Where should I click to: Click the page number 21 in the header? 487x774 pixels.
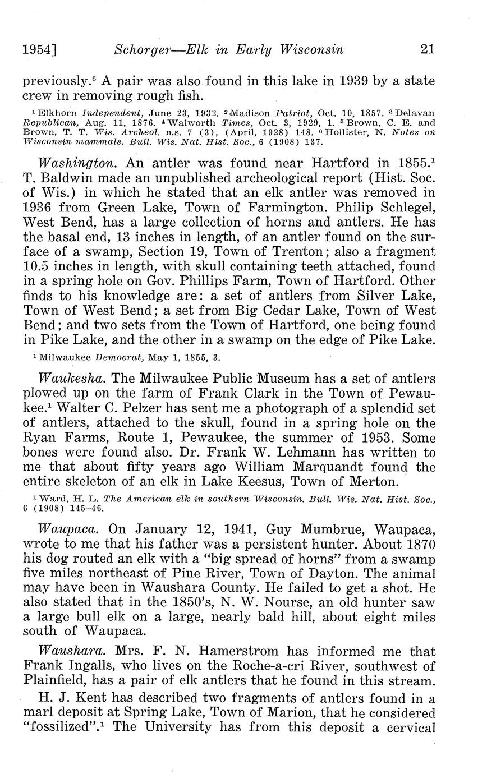[x=427, y=49]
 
